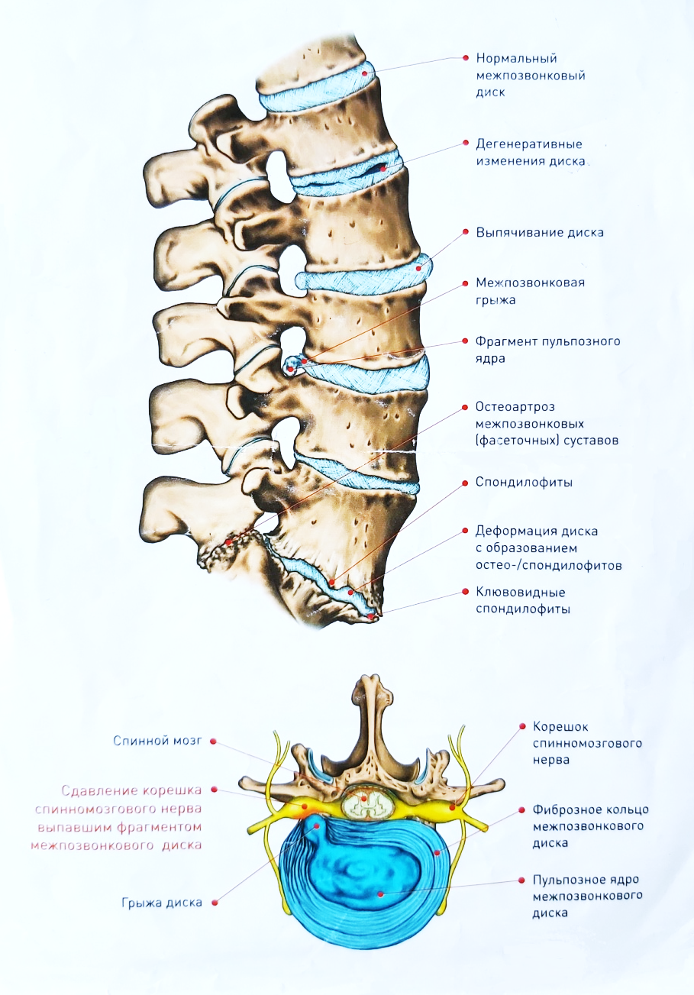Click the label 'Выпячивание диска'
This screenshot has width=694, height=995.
540,233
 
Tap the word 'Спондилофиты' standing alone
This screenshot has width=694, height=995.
524,483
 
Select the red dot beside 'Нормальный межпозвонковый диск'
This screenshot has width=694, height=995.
466,58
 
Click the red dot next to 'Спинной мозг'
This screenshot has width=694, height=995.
213,741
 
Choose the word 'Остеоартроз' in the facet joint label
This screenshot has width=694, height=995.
515,406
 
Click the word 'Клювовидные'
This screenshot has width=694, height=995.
521,592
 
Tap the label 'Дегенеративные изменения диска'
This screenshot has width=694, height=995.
531,153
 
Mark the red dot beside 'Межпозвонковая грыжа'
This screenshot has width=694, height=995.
466,283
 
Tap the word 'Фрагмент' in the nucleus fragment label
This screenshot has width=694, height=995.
506,341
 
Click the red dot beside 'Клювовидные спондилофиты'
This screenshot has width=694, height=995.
466,592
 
